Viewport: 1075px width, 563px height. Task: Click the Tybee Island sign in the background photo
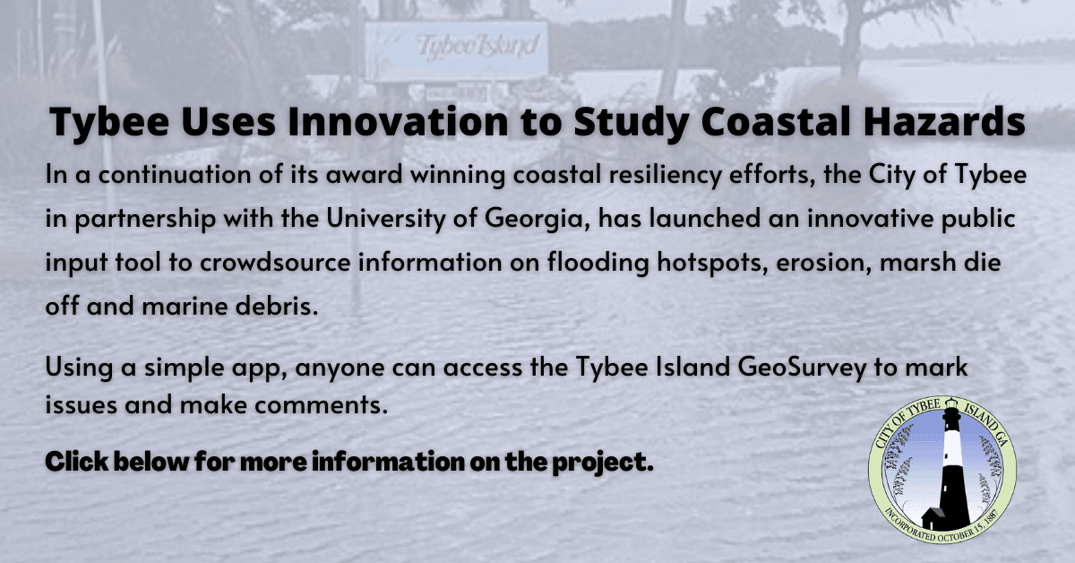tap(457, 49)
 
